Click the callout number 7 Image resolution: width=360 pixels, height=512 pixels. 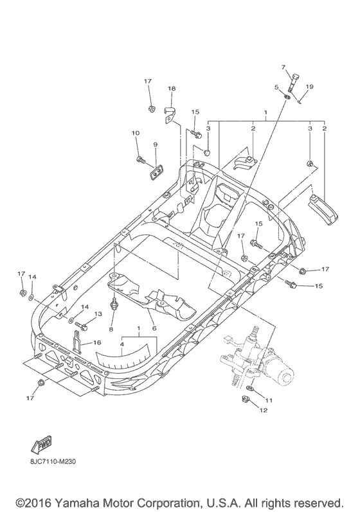click(x=282, y=67)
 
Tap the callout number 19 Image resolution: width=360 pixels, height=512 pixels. click(x=309, y=87)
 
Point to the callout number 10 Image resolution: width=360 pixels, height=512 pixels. click(x=135, y=133)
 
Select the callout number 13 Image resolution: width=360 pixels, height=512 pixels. click(x=98, y=314)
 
